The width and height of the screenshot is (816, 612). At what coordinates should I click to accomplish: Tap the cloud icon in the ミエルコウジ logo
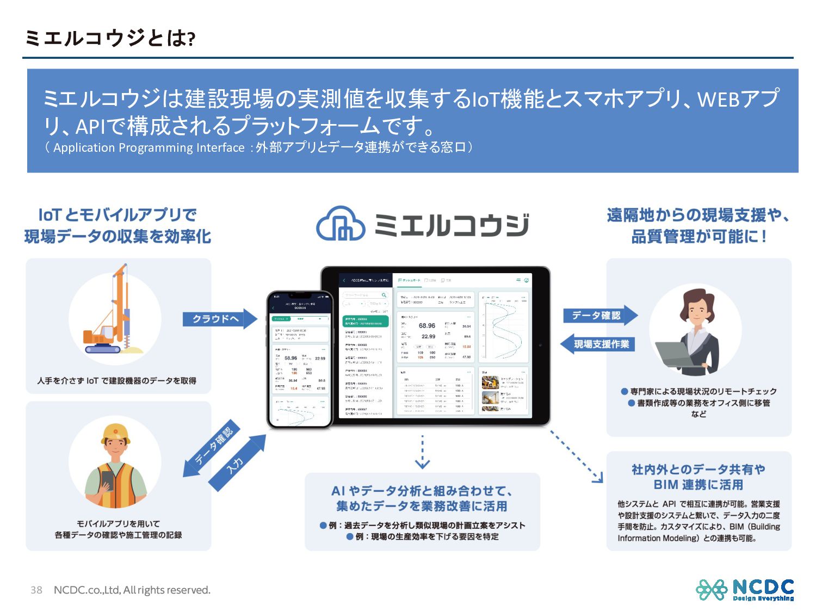[x=341, y=224]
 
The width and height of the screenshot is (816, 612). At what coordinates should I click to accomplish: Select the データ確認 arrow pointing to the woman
[x=598, y=316]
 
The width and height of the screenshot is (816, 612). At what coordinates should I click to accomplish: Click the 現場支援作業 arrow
[x=598, y=344]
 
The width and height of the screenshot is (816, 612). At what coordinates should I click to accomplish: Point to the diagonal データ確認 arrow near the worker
[x=212, y=448]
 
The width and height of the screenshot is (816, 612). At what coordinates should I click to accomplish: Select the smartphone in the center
[x=300, y=359]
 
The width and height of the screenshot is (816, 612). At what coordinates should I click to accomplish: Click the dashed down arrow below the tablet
[x=422, y=452]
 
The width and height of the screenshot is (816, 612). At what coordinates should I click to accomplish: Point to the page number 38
[x=36, y=590]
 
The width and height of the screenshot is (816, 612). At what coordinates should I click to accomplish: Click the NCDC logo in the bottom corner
[x=745, y=590]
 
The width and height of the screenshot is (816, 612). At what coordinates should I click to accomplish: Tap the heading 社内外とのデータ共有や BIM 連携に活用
[x=698, y=477]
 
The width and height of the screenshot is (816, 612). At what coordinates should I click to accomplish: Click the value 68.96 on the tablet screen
[x=426, y=326]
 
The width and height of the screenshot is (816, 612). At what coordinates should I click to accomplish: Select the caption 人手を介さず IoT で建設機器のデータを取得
[x=117, y=381]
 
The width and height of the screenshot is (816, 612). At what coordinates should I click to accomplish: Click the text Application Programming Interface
[x=149, y=148]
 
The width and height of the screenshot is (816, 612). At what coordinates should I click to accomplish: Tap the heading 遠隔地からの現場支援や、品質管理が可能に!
[x=698, y=226]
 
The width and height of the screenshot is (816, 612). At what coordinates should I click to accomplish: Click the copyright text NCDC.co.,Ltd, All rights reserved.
[x=132, y=590]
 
